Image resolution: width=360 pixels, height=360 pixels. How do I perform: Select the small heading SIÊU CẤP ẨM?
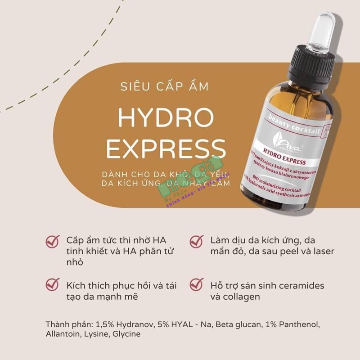[x=165, y=86]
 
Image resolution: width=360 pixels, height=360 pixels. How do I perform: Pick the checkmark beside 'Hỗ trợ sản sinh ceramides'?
[x=197, y=285]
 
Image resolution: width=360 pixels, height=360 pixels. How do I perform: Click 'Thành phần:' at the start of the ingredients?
[x=67, y=324]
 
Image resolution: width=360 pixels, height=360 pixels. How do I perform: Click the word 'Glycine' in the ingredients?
[x=127, y=334]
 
